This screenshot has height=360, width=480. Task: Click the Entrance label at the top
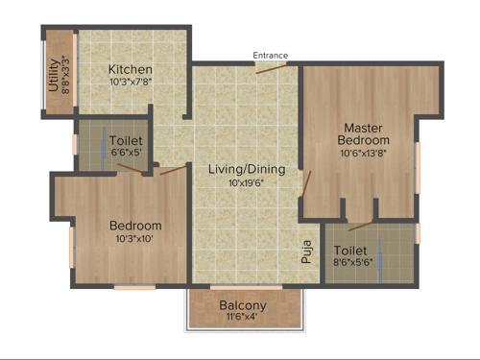[x=270, y=56]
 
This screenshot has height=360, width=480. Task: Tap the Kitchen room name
[x=131, y=70]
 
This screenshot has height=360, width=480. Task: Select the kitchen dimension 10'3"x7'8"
[x=131, y=84]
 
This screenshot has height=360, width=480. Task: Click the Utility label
[x=53, y=75]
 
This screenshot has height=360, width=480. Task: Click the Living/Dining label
[x=247, y=169]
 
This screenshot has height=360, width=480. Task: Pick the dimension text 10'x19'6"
[x=247, y=182]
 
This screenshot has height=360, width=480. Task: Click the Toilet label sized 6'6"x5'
[x=125, y=139]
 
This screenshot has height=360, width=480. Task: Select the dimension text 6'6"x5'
[x=125, y=153]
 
